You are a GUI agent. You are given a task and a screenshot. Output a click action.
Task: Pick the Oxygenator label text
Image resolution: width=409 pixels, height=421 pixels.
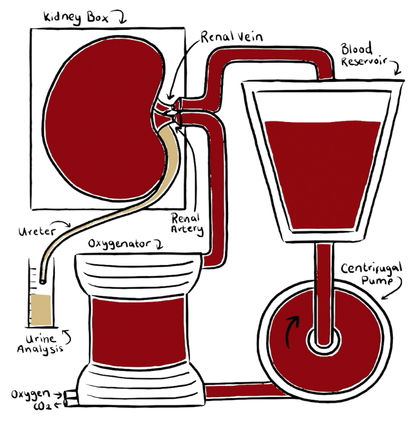(117, 244)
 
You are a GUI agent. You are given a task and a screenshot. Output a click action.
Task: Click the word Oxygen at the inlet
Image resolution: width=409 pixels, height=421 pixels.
(28, 395)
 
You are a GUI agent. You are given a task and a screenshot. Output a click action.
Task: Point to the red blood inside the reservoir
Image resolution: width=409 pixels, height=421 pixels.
(323, 173)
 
